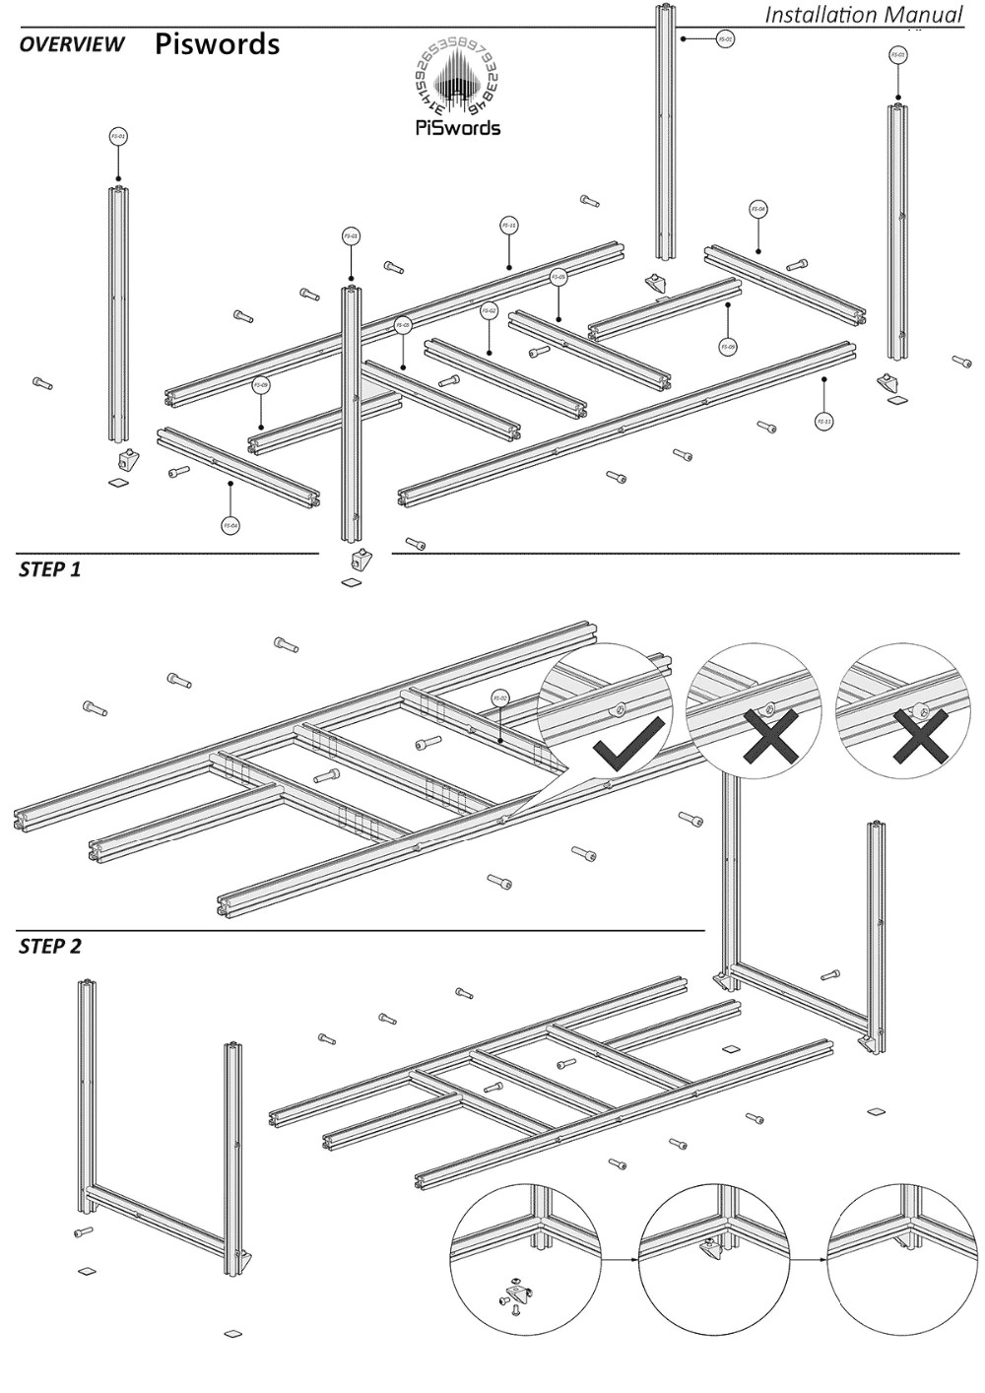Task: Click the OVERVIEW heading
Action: [x=72, y=44]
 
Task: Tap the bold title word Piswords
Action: [x=217, y=44]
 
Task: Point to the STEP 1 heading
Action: [x=50, y=568]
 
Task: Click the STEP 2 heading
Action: [x=50, y=947]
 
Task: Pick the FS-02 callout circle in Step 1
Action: [x=500, y=697]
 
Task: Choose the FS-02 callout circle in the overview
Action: [x=489, y=311]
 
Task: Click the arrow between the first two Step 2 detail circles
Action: [x=620, y=1259]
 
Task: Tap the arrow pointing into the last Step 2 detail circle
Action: [x=809, y=1259]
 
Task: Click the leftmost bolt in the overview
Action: [x=41, y=382]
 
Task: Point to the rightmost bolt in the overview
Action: [x=961, y=362]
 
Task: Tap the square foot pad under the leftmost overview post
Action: [x=118, y=483]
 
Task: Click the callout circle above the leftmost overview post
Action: [x=118, y=137]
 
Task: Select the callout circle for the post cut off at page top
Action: [x=725, y=39]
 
